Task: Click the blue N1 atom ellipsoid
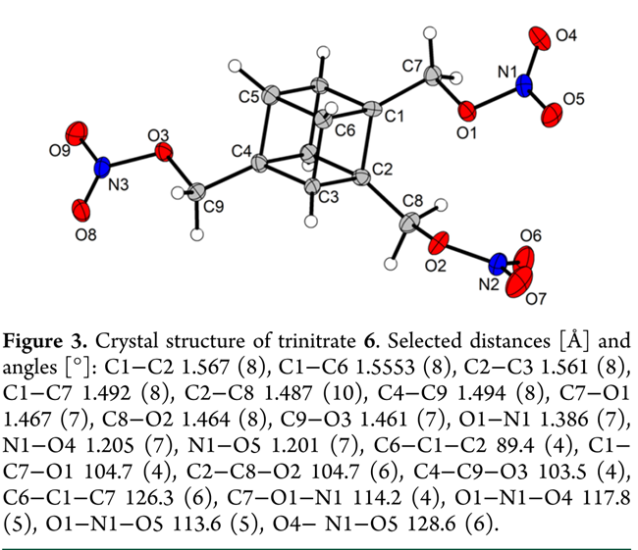coord(524,85)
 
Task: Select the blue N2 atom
coord(499,263)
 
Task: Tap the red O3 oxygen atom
coord(164,152)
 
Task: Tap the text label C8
coord(413,201)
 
